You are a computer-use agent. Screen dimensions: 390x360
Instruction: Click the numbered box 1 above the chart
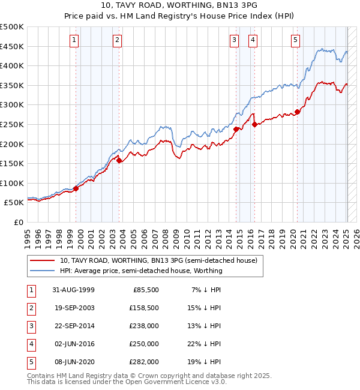74,40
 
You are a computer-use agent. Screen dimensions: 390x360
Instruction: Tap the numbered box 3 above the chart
234,40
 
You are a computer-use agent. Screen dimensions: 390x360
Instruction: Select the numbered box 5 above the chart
296,40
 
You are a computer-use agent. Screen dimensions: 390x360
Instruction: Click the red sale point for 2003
119,160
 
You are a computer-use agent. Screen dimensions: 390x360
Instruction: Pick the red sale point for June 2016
254,124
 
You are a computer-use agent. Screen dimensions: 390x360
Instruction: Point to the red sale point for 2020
297,112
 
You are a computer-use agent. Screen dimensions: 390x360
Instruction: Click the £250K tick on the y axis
13,124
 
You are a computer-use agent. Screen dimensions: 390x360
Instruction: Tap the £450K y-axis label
13,46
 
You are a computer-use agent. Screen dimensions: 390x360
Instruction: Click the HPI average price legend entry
141,271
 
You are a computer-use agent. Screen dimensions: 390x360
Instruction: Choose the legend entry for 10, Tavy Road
158,260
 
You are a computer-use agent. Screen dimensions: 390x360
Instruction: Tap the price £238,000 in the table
145,326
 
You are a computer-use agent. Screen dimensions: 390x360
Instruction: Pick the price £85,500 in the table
146,290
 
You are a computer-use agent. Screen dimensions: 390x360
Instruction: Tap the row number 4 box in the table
30,344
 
